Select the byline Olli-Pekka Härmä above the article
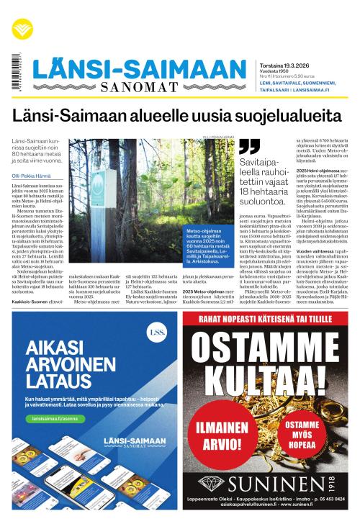pyautogui.click(x=33, y=176)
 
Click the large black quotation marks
pyautogui.click(x=248, y=147)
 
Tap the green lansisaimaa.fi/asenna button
pyautogui.click(x=50, y=418)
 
